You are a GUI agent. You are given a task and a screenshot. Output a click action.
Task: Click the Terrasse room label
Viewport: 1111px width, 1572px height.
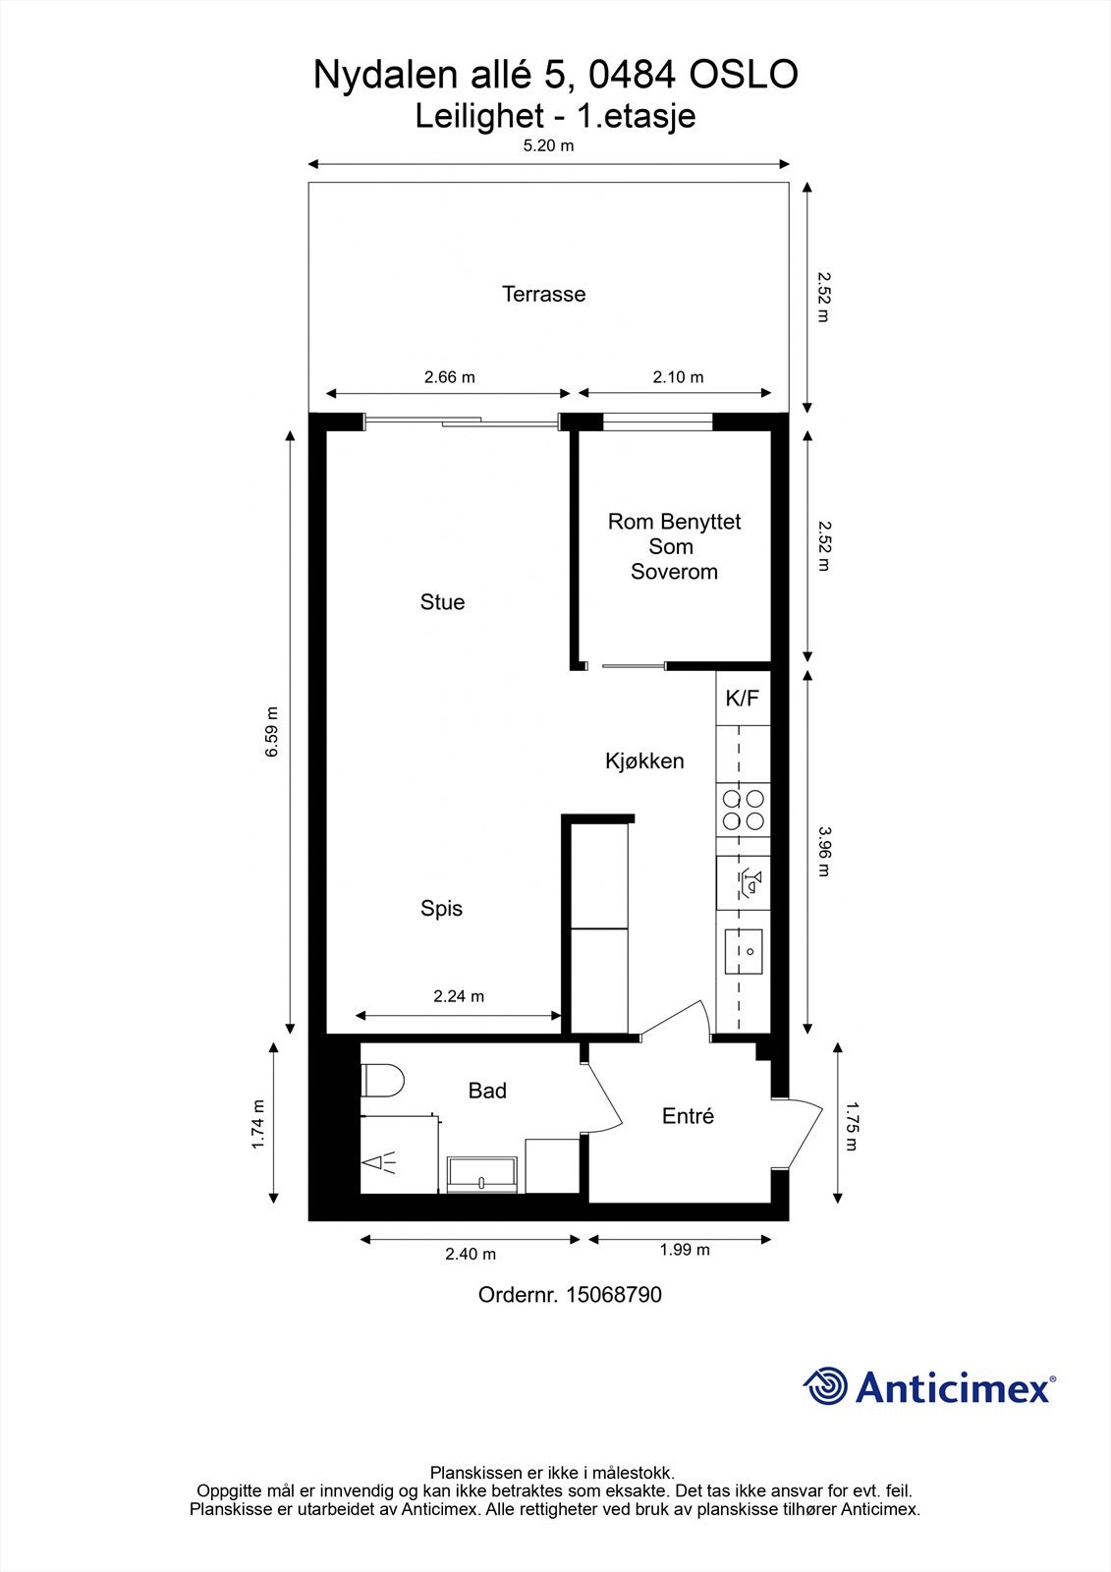543,294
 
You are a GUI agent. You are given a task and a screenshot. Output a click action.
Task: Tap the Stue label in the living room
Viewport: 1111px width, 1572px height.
442,601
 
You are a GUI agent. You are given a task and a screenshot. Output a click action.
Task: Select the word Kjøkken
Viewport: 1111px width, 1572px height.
644,760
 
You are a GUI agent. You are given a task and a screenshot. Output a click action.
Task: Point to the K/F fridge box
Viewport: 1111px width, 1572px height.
743,699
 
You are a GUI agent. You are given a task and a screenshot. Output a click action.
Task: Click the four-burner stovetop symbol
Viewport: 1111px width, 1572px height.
744,810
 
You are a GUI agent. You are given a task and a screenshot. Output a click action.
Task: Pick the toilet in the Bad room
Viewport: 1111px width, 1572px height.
382,1080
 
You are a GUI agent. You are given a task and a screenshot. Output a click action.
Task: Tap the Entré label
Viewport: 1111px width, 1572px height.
688,1116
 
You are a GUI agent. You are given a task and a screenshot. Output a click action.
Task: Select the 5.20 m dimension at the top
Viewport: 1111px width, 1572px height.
548,145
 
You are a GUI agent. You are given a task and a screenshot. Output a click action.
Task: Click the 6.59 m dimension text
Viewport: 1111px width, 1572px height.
271,731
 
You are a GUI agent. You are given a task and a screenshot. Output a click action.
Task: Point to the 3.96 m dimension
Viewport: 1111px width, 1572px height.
824,851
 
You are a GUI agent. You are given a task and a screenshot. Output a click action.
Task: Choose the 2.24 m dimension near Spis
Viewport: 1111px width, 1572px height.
459,996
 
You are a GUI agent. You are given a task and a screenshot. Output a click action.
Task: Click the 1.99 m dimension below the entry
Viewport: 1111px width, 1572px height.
685,1249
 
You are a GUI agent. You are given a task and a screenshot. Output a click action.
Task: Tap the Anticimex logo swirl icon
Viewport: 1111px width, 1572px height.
825,1385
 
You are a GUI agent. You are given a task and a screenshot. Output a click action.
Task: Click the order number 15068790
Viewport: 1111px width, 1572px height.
613,1294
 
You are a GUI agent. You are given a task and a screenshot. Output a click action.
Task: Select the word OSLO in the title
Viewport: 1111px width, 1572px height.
744,75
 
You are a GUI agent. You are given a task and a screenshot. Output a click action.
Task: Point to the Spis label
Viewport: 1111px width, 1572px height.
441,908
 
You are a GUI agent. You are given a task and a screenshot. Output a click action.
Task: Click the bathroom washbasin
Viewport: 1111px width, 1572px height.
482,1174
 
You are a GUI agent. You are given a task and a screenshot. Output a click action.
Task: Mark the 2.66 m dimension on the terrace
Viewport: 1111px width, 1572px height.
449,377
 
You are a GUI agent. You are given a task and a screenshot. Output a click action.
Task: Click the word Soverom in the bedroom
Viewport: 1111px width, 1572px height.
674,571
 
